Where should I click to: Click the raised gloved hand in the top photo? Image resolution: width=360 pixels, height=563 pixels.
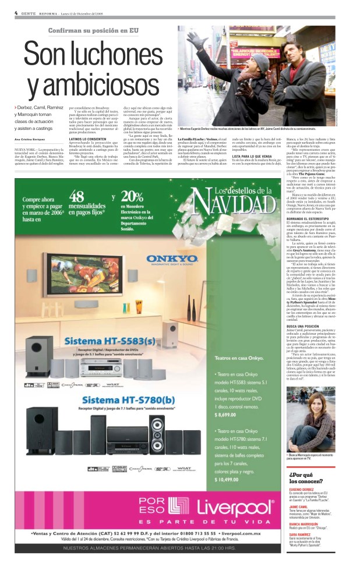coord(194,40)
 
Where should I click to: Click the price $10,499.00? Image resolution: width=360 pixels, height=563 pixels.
coord(230,479)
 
